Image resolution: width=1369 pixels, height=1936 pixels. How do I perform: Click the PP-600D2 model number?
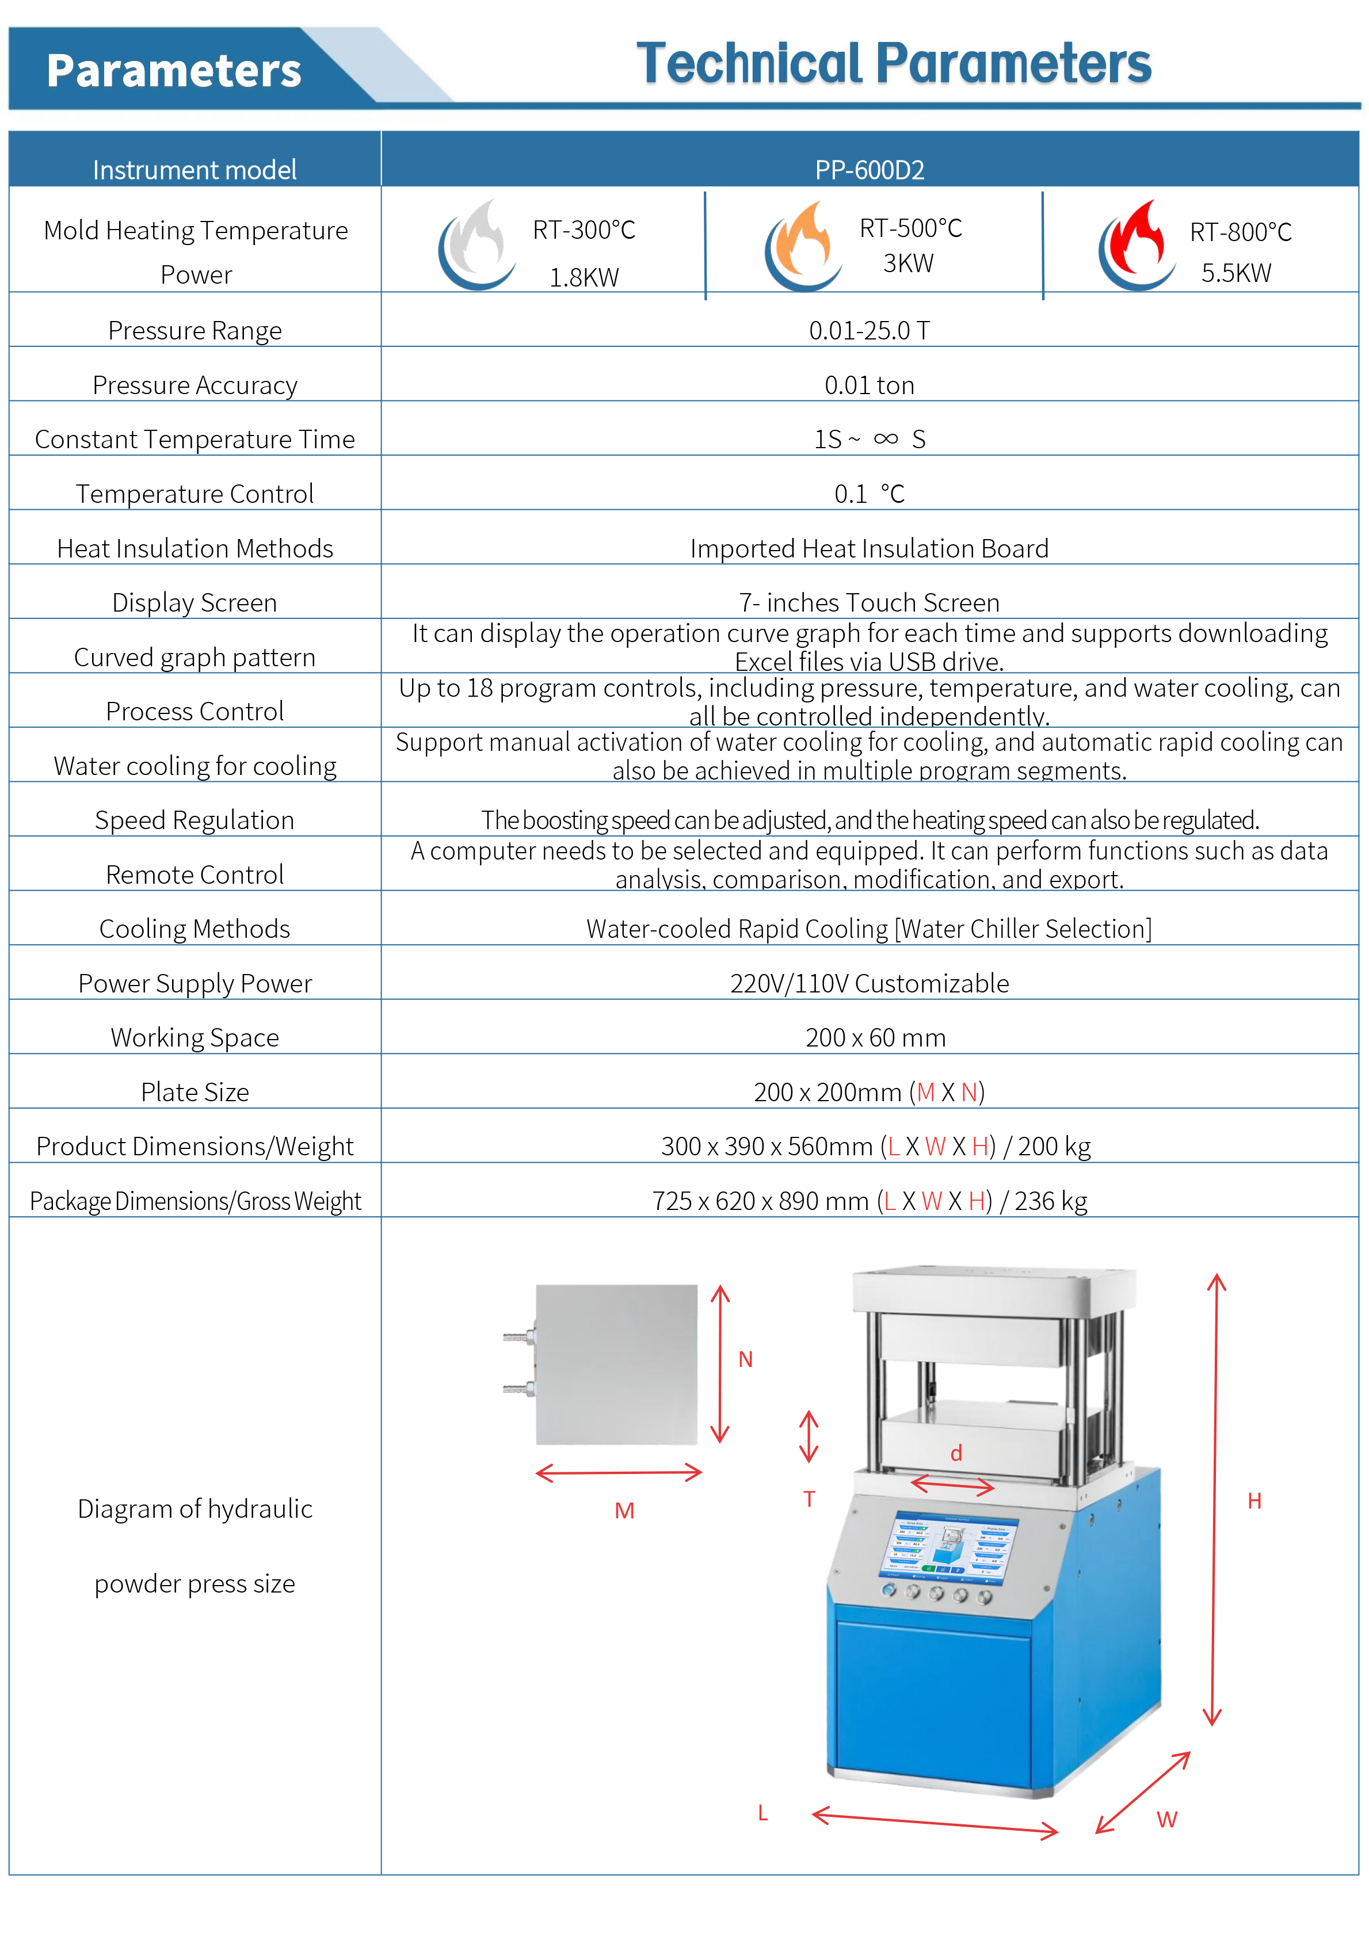[x=869, y=170]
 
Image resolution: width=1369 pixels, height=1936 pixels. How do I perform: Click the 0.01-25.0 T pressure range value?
[x=869, y=331]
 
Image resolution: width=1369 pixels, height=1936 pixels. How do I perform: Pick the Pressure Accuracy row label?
[x=195, y=385]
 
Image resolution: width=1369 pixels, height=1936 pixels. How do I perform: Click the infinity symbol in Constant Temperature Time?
[x=886, y=438]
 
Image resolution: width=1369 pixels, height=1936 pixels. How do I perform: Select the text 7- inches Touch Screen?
[x=869, y=603]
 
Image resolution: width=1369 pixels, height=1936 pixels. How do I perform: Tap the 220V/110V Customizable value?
[x=869, y=983]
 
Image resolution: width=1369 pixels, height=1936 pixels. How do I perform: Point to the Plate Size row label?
[x=195, y=1092]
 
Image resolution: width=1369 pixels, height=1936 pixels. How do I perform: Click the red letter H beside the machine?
[x=1254, y=1501]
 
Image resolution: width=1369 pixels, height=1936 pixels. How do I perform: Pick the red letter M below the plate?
[x=624, y=1511]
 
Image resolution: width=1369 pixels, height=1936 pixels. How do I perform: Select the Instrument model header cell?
[x=195, y=170]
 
